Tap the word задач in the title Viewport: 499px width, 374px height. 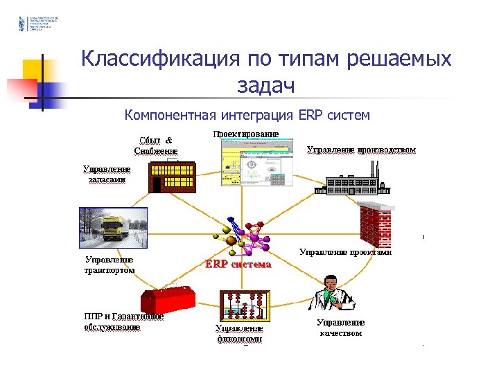pos(265,85)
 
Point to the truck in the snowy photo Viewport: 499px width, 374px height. pos(114,228)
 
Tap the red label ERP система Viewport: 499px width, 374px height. pos(238,265)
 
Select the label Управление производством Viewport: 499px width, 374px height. pos(361,149)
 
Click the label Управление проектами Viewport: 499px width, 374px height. pos(344,253)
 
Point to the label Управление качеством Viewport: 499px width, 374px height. pos(340,328)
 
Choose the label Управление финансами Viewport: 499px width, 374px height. pos(239,334)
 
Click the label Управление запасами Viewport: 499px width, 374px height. pos(106,174)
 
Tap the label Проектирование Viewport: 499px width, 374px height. pos(246,133)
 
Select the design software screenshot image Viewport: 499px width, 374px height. pos(255,163)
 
